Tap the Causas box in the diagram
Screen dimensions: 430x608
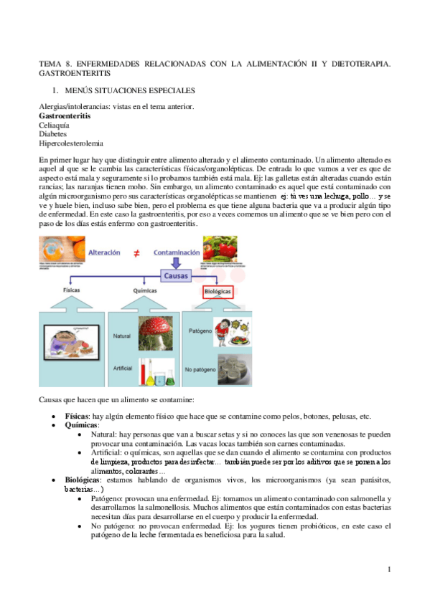tap(175, 274)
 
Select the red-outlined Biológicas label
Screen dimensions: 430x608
tap(209, 292)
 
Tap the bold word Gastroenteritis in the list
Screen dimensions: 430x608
tap(65, 115)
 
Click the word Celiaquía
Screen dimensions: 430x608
tap(55, 125)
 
